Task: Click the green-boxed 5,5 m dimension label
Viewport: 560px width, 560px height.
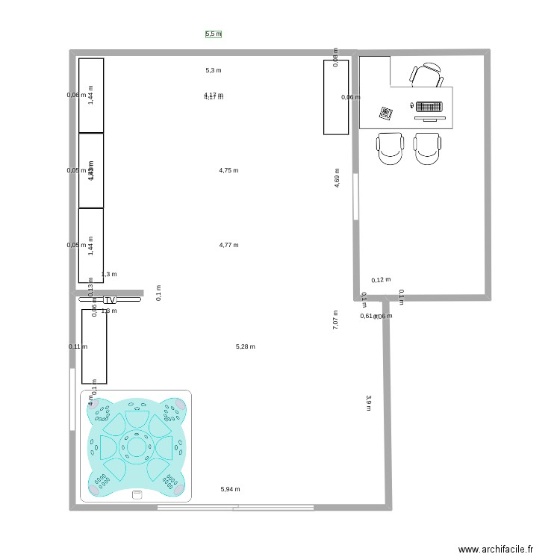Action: [214, 34]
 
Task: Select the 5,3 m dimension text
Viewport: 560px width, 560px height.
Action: [214, 71]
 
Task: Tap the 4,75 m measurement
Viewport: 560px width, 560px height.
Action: [228, 170]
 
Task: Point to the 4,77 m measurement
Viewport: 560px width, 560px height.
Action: [228, 245]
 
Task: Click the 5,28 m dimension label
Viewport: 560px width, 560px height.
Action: [245, 346]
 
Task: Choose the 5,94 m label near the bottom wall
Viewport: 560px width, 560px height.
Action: [230, 489]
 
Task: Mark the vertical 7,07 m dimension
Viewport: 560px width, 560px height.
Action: [336, 320]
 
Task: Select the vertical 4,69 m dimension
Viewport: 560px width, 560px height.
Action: [337, 177]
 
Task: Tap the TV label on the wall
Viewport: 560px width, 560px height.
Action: [111, 300]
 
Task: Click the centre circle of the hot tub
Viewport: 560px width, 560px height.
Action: [136, 447]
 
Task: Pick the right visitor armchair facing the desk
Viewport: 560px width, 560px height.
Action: [429, 148]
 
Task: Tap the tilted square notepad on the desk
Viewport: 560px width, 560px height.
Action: [386, 113]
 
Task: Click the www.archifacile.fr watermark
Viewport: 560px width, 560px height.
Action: [496, 549]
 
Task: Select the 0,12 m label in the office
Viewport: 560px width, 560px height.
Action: [381, 280]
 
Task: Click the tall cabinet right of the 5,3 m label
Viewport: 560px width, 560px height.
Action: [336, 97]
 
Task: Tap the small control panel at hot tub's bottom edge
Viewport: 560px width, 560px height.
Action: [137, 494]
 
